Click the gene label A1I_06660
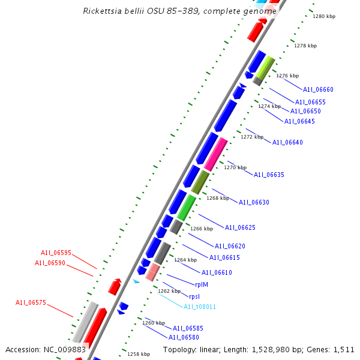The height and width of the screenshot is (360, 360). (318, 89)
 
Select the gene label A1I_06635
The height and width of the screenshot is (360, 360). (269, 175)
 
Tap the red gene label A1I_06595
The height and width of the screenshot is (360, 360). (56, 253)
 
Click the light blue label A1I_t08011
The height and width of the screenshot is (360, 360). (200, 307)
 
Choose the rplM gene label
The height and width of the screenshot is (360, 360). (202, 285)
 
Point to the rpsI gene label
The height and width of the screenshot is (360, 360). (194, 296)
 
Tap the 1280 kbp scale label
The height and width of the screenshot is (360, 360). (323, 16)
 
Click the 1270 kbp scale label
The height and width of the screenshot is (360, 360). (235, 167)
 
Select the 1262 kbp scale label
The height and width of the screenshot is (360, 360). (169, 291)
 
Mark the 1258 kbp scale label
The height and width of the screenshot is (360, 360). (138, 354)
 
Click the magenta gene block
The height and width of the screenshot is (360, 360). (215, 154)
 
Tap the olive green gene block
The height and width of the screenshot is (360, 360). (200, 182)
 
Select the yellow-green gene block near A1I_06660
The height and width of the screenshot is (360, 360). (266, 66)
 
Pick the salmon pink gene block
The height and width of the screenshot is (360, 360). (152, 272)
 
